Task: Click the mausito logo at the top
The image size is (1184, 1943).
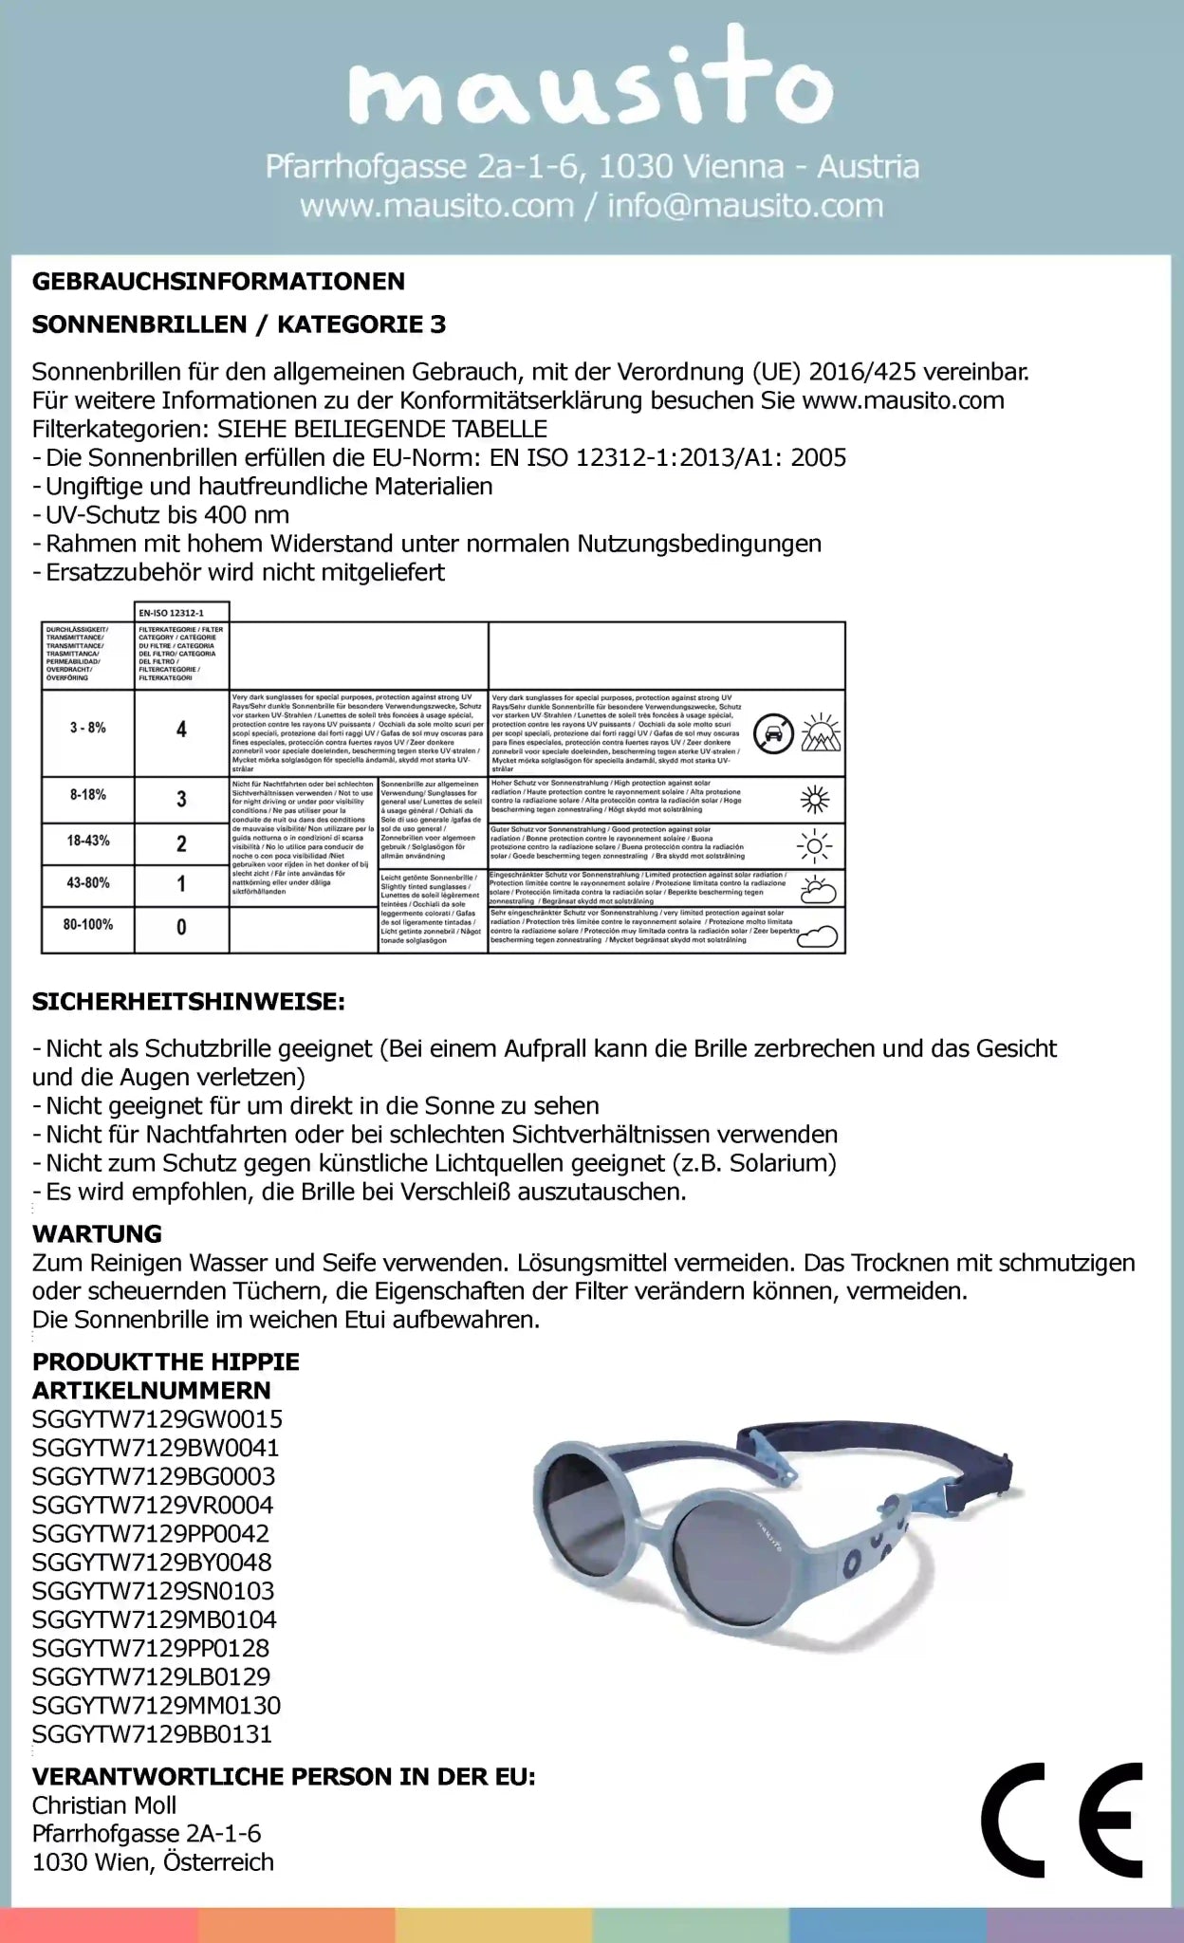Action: (x=591, y=86)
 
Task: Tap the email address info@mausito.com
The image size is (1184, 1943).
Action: (x=745, y=206)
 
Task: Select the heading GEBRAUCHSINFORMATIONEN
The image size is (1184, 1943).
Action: (x=218, y=281)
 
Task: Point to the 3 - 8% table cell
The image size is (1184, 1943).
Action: (x=87, y=729)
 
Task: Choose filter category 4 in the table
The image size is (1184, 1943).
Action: (x=181, y=730)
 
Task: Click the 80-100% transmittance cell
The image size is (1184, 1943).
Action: (x=87, y=924)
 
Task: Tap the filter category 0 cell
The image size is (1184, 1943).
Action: (x=181, y=927)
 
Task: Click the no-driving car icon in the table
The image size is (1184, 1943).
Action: (x=773, y=733)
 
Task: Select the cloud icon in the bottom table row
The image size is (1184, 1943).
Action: (x=817, y=937)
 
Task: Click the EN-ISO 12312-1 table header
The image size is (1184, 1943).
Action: (x=171, y=613)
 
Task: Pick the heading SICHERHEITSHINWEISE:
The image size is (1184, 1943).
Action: (x=189, y=1002)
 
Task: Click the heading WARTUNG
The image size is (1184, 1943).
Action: (x=97, y=1233)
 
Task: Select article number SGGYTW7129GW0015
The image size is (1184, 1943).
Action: (x=157, y=1419)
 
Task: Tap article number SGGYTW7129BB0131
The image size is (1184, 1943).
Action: (x=152, y=1734)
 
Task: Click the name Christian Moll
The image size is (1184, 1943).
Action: (x=104, y=1804)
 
